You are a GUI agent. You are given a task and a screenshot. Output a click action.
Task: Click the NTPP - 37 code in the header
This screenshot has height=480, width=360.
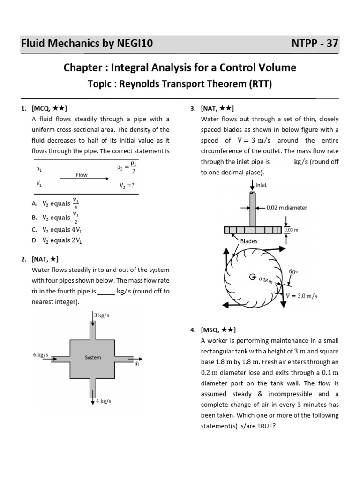(315, 44)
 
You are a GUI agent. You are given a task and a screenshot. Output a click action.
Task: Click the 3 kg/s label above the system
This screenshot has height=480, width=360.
(102, 315)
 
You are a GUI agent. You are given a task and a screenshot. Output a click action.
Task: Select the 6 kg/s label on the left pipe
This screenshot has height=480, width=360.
(41, 355)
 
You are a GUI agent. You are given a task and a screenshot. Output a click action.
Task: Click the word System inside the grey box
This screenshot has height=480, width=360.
(93, 357)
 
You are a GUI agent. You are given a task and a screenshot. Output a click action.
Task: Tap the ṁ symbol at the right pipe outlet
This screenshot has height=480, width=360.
(136, 364)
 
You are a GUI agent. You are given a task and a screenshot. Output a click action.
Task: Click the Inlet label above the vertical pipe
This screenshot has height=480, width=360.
(261, 185)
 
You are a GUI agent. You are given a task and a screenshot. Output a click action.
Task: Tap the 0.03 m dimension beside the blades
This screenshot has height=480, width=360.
(292, 230)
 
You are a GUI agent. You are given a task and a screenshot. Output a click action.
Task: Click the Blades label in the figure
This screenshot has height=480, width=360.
(249, 241)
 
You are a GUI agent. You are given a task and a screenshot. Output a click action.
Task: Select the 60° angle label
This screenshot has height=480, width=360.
(293, 271)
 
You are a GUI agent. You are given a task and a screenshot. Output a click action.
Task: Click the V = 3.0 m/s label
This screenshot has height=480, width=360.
(302, 296)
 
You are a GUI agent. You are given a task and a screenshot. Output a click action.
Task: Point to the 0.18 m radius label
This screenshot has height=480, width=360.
(265, 279)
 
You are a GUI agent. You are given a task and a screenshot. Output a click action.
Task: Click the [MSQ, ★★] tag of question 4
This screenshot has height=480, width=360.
(218, 330)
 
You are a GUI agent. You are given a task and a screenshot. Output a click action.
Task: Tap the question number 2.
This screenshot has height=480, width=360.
(23, 259)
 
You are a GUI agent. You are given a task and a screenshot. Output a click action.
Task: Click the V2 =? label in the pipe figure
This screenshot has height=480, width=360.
(127, 185)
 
